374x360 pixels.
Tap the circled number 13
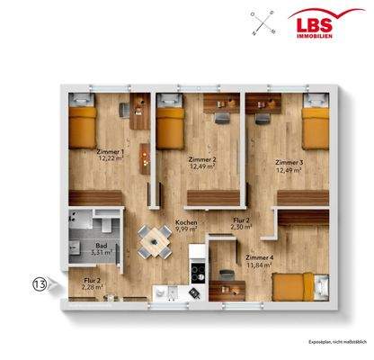40,285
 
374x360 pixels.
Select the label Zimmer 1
111,152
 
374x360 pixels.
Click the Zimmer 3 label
289,162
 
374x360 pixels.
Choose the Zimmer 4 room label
259,256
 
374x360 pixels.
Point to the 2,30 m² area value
242,228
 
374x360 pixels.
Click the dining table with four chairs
157,238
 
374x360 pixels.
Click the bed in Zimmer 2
170,125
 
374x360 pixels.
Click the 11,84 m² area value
259,265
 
